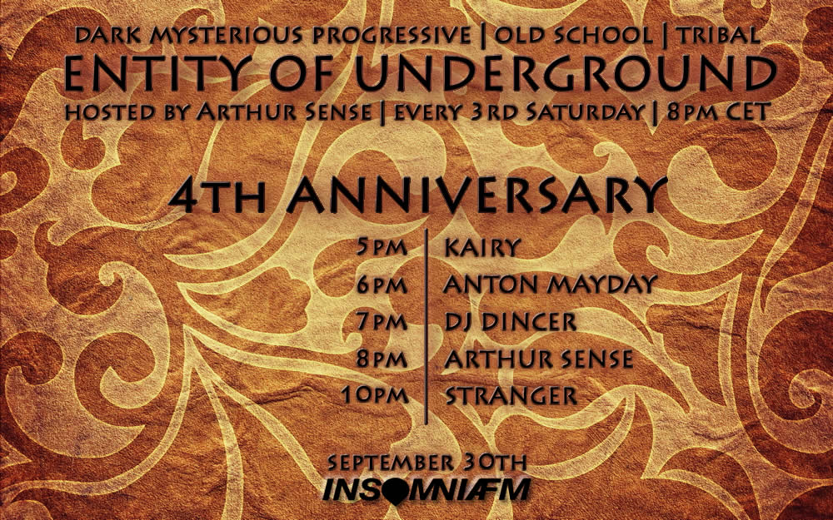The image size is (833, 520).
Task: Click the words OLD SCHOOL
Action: click(573, 35)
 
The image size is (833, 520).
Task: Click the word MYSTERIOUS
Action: click(226, 36)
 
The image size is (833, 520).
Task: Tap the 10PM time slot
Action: click(375, 395)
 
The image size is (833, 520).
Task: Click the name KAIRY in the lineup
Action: click(481, 247)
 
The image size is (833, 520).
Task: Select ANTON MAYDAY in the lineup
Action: click(551, 285)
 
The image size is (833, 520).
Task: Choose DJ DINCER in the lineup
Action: click(511, 321)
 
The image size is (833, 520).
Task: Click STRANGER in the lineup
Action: click(511, 396)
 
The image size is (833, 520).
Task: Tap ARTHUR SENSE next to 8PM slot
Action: click(539, 359)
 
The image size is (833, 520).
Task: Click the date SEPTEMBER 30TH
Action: click(427, 462)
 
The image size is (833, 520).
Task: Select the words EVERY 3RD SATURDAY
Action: click(519, 112)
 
